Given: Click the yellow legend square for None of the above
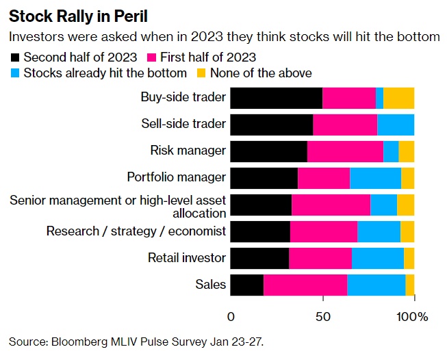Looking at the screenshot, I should (x=201, y=73).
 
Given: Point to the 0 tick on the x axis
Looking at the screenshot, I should (x=231, y=317).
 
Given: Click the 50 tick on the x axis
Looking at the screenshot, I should (x=322, y=317).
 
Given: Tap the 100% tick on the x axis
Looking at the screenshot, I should (x=412, y=317).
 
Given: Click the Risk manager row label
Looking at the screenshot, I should (x=188, y=151).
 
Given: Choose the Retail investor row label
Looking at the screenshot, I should (x=187, y=258).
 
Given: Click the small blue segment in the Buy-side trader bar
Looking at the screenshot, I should (x=379, y=98).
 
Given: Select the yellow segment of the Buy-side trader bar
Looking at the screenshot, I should (x=398, y=98).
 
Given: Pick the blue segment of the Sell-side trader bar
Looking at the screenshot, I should (x=396, y=125).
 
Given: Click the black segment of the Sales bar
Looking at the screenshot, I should (x=246, y=285).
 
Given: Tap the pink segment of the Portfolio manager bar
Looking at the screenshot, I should (x=324, y=178).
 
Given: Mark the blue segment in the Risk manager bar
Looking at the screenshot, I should (x=391, y=151).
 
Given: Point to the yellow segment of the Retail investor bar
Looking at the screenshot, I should (x=409, y=258).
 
